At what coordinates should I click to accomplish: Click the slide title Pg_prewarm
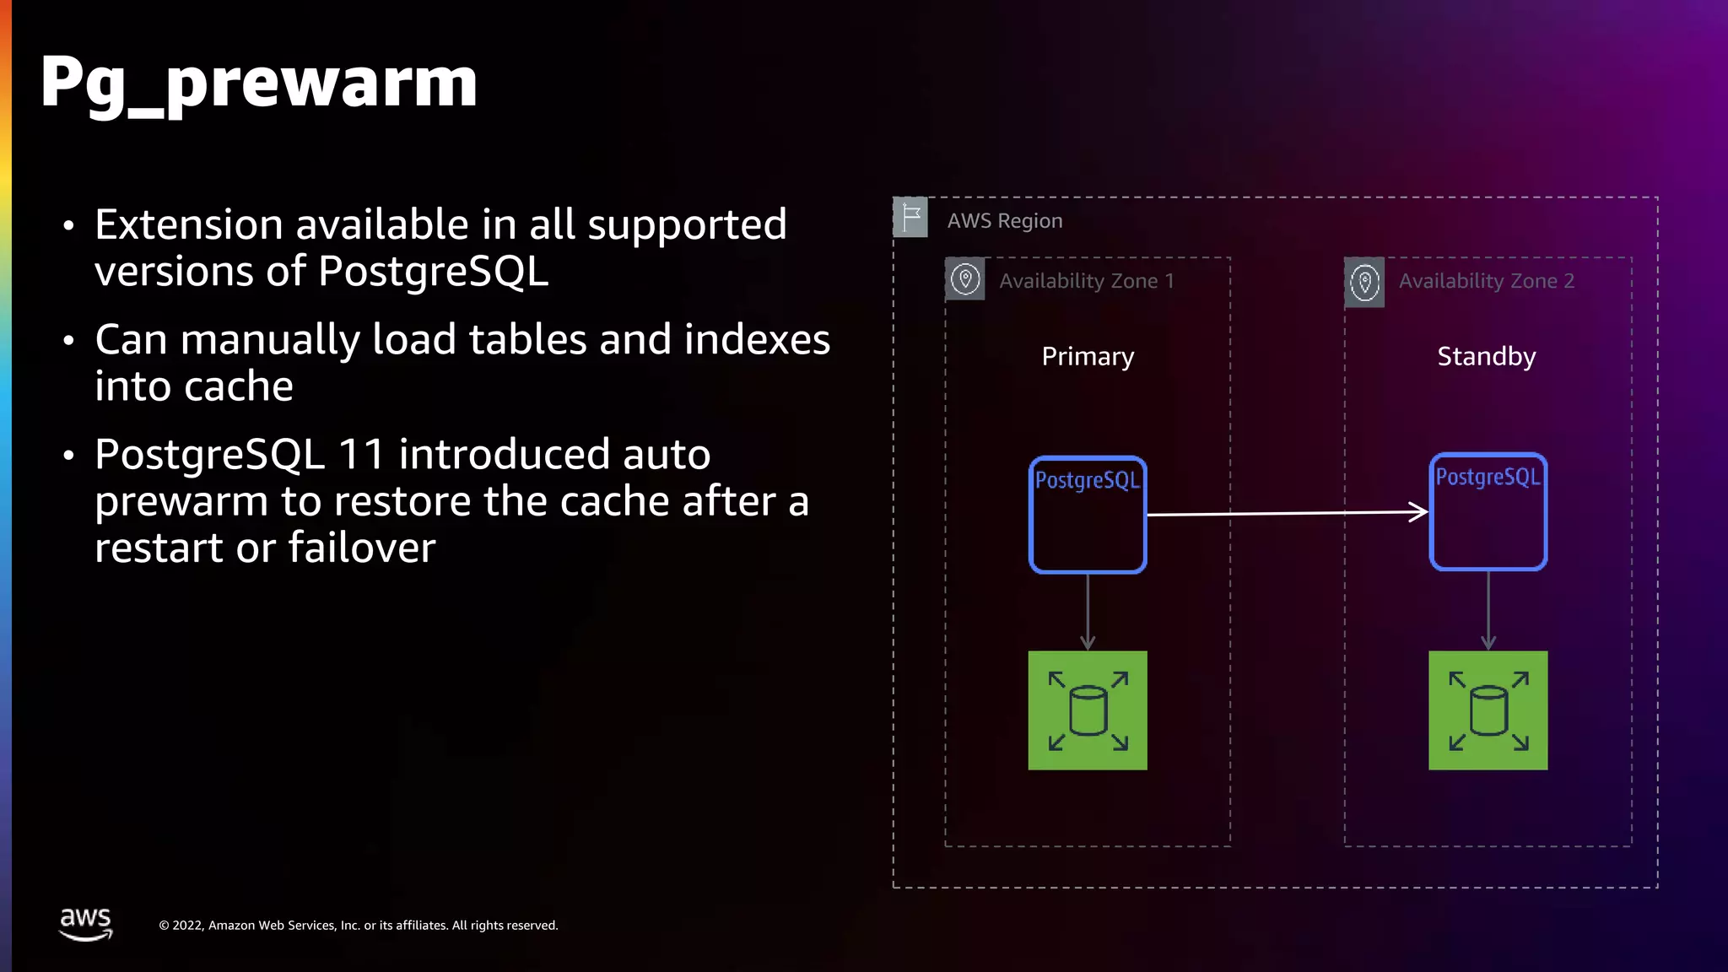258,83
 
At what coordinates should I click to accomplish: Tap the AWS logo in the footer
85,923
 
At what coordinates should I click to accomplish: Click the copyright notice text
359,926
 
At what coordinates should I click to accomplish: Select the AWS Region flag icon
910,218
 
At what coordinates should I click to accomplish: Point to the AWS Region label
1004,221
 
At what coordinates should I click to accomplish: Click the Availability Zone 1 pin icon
965,279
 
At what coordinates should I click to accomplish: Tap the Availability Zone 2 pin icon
1364,282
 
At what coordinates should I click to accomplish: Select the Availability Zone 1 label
1087,281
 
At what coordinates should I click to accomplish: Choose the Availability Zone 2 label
1486,281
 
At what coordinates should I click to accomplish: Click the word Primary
1088,356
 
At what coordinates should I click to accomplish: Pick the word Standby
1486,356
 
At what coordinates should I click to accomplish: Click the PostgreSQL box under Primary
1088,515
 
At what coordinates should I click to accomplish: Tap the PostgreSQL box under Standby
1488,512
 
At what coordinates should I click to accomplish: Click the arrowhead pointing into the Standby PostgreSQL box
1420,511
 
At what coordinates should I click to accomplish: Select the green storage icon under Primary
1088,710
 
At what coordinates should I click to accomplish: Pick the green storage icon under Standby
1488,710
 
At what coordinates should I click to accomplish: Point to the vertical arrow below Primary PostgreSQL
1088,612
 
